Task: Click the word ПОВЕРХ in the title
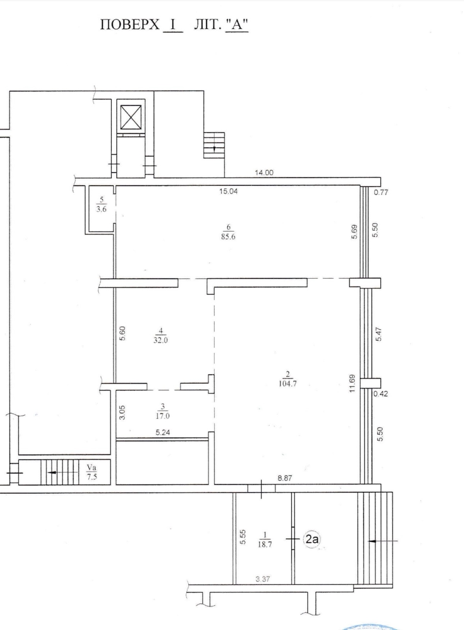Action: click(x=130, y=25)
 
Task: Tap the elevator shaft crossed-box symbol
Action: click(x=131, y=118)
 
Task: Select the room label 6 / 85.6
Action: click(x=228, y=232)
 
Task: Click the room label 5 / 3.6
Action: click(x=102, y=204)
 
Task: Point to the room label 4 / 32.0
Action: click(x=161, y=335)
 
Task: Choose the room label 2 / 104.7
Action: click(x=288, y=379)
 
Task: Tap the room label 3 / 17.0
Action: click(x=163, y=411)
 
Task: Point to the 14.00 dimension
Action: click(x=264, y=173)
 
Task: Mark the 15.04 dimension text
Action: click(x=228, y=191)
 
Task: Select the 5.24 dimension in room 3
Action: click(x=163, y=432)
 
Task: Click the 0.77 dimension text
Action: click(x=381, y=193)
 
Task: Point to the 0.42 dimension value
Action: click(x=381, y=393)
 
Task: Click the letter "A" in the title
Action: click(x=237, y=25)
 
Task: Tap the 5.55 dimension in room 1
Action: click(x=243, y=537)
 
